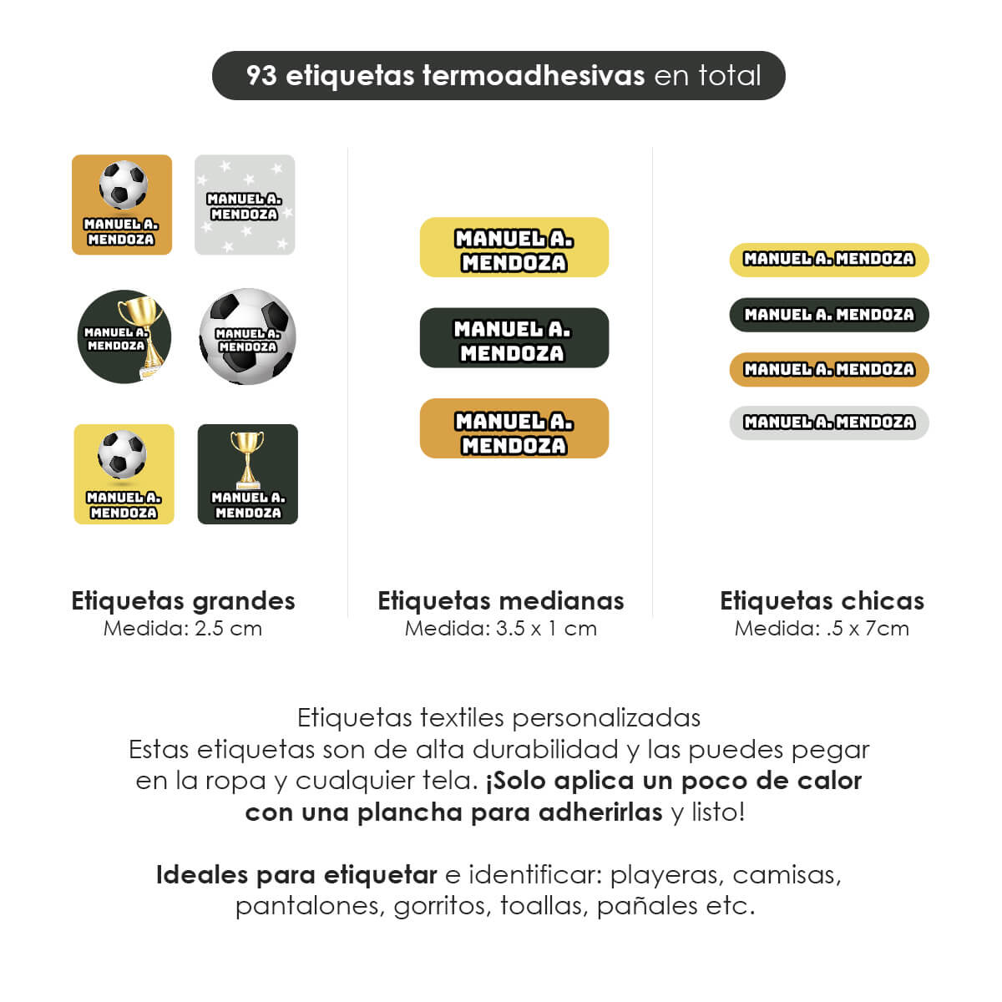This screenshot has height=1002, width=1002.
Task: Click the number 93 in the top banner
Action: (261, 75)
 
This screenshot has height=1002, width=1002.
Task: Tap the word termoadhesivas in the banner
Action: (533, 75)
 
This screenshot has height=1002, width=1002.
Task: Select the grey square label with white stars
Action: (245, 205)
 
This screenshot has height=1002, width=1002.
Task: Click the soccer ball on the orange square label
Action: (123, 185)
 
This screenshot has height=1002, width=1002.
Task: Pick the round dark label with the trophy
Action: (124, 337)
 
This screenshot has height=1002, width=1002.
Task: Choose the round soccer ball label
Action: (247, 337)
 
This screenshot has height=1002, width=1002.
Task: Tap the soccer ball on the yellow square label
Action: (122, 454)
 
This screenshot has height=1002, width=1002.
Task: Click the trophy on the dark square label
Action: (247, 458)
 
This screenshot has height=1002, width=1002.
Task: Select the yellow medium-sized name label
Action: (514, 247)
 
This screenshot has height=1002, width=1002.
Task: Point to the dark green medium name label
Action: (514, 338)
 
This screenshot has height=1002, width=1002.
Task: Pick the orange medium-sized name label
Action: (514, 428)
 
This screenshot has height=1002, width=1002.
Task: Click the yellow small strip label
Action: (829, 260)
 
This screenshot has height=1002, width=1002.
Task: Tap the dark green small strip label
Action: (829, 315)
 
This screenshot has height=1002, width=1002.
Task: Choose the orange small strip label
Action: (829, 369)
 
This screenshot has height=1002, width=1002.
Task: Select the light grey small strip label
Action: (829, 423)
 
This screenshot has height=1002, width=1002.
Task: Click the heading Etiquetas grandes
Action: (183, 601)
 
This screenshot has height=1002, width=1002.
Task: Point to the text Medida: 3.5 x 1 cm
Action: (501, 629)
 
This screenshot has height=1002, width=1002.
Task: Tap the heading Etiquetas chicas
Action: (822, 601)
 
